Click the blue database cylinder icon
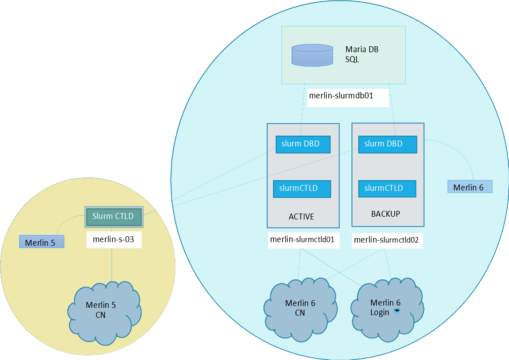tap(312, 55)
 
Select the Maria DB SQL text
tap(361, 54)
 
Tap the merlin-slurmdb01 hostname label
tap(348, 96)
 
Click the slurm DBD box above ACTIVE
tap(303, 144)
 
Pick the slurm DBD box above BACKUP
tap(388, 144)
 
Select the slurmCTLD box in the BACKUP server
tap(387, 188)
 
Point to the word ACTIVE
tap(301, 217)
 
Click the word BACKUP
tap(386, 214)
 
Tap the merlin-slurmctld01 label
tap(302, 240)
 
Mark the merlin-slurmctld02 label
tap(388, 240)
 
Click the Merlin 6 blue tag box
tap(470, 187)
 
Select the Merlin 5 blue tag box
tap(41, 242)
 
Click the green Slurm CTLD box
tap(114, 217)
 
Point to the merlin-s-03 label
tap(114, 239)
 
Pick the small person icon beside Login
tap(397, 311)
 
